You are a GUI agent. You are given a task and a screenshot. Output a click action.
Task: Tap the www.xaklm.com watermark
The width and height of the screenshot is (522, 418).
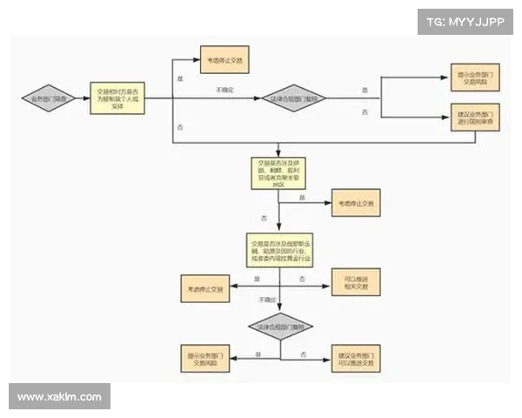[x=59, y=397]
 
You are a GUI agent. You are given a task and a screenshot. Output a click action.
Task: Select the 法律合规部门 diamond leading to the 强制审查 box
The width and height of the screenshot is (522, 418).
[x=293, y=98]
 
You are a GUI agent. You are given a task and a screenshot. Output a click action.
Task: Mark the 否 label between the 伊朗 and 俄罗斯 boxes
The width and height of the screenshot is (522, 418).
[x=263, y=217]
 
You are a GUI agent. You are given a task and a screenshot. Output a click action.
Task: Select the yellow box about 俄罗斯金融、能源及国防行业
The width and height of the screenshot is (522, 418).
[x=279, y=250]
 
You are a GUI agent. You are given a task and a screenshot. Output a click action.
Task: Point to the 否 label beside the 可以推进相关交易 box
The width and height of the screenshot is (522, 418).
[x=302, y=278]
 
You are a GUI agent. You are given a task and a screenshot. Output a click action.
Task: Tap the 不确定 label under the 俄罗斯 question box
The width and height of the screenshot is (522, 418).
[x=267, y=300]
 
